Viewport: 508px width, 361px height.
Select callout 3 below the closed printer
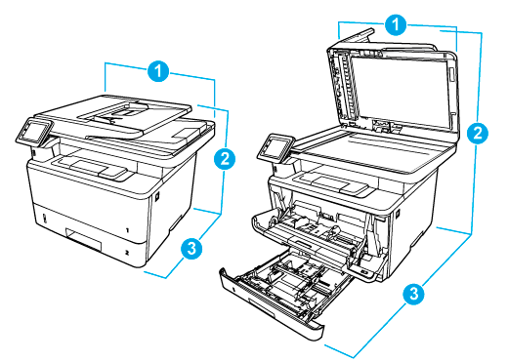pyautogui.click(x=193, y=249)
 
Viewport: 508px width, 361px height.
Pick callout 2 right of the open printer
pyautogui.click(x=476, y=135)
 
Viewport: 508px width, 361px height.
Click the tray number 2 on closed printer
pyautogui.click(x=127, y=250)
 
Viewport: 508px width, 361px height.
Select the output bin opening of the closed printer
pyautogui.click(x=98, y=161)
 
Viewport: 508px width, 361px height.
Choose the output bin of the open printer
pyautogui.click(x=337, y=181)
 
